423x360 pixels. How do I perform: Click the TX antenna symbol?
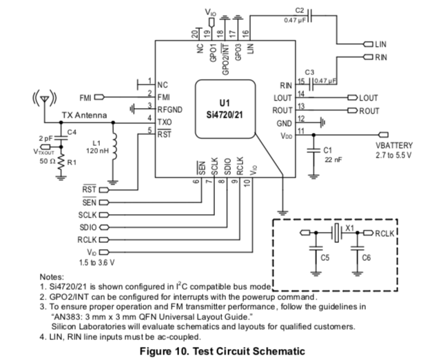[45, 98]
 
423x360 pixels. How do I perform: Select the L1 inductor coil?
[114, 146]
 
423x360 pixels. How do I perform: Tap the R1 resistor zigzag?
[61, 162]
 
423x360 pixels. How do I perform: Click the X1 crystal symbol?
[336, 233]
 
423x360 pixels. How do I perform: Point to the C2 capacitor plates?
[310, 16]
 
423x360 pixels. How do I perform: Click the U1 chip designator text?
[225, 103]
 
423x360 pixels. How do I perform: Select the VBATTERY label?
[394, 145]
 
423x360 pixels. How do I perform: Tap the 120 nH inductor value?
[97, 151]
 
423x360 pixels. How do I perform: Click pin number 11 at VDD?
[301, 131]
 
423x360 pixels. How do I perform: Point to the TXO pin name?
[165, 122]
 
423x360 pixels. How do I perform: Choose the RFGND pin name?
[170, 109]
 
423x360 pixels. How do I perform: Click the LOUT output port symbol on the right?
[353, 97]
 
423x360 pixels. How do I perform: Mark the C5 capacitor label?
[324, 258]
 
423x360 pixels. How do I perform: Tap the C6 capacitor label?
[366, 258]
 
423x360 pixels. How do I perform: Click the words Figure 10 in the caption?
[165, 351]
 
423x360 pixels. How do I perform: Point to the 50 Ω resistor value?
[48, 161]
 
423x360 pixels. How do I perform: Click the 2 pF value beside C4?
[45, 138]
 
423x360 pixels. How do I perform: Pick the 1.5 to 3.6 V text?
[97, 262]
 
